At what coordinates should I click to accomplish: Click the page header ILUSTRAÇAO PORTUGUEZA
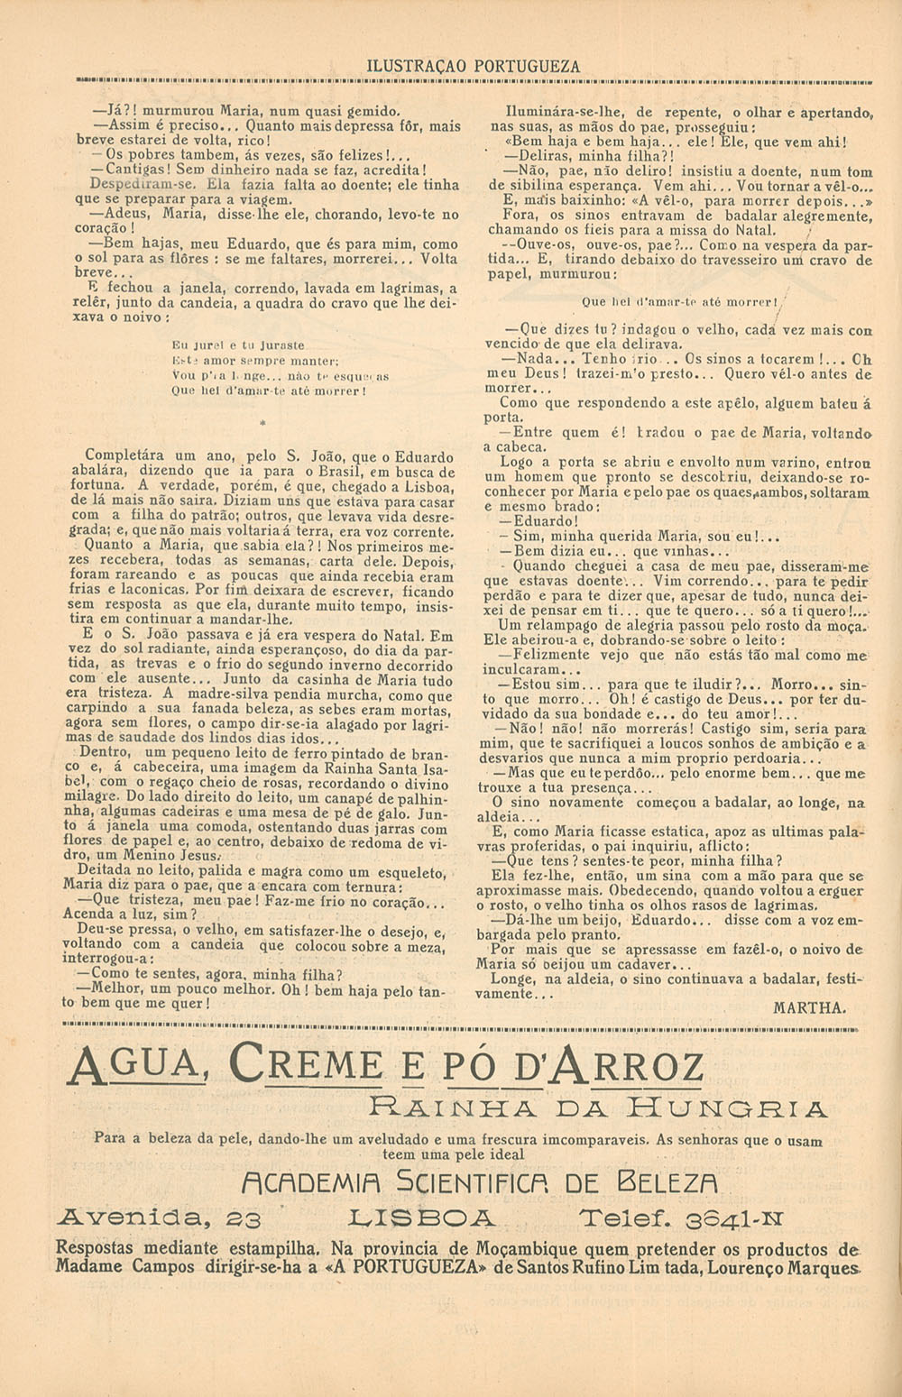click(x=474, y=66)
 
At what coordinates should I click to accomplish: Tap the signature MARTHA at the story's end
click(x=809, y=1007)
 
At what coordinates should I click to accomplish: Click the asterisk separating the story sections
click(x=262, y=421)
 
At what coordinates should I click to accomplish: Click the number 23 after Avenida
click(x=243, y=1219)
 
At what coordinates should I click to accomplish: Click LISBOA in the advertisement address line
click(x=421, y=1218)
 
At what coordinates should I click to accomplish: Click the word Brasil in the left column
click(x=337, y=472)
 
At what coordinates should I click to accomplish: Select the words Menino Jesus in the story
click(x=170, y=856)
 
